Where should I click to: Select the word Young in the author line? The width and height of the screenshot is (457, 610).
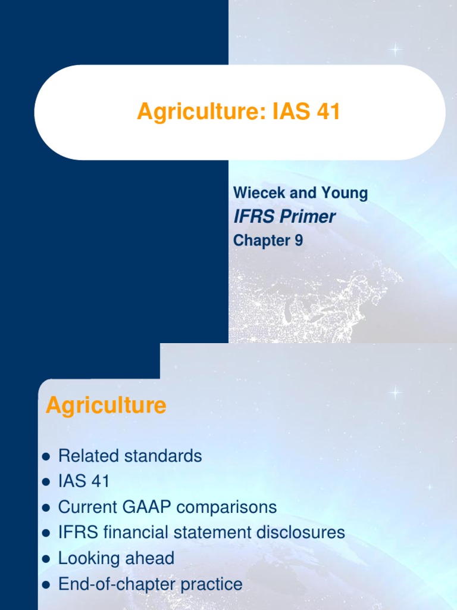coord(345,193)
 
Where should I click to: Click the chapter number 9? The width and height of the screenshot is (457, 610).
coord(298,241)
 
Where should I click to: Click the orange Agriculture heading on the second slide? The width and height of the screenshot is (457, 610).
coord(106,406)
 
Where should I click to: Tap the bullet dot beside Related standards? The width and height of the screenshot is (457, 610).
coord(46,457)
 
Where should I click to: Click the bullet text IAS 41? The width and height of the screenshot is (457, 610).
coord(84,482)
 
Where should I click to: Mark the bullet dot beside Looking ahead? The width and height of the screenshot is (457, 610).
coord(46,559)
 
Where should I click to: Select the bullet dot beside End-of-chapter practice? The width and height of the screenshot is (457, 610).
coord(46,585)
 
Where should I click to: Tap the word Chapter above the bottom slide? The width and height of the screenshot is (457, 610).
coord(260,241)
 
